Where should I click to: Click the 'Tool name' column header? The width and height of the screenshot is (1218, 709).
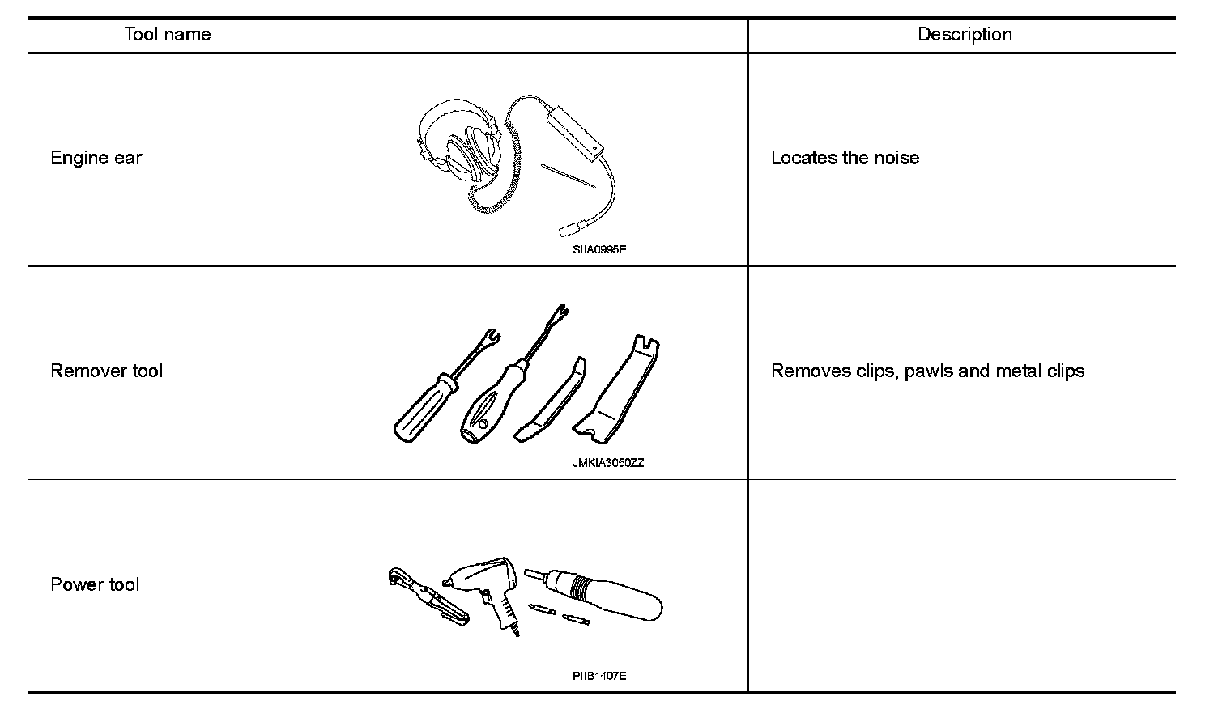click(168, 35)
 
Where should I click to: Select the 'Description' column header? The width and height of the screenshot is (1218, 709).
click(964, 35)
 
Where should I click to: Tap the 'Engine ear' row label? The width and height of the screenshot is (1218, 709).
click(96, 158)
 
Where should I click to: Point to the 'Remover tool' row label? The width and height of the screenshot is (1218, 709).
click(107, 371)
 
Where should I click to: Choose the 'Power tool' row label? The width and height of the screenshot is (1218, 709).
click(95, 585)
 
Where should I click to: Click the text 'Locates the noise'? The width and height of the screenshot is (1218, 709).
click(845, 158)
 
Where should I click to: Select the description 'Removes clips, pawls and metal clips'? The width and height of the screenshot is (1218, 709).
click(927, 371)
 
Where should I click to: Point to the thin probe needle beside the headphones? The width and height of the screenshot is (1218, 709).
click(569, 176)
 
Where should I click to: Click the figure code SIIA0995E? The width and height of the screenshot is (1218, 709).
click(599, 250)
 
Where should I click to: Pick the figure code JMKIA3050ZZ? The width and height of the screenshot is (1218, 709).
click(608, 464)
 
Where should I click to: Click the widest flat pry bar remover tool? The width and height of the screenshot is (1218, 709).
click(619, 388)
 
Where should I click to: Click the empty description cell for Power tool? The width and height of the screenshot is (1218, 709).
click(961, 585)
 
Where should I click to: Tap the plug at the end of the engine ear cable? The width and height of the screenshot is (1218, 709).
click(566, 229)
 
